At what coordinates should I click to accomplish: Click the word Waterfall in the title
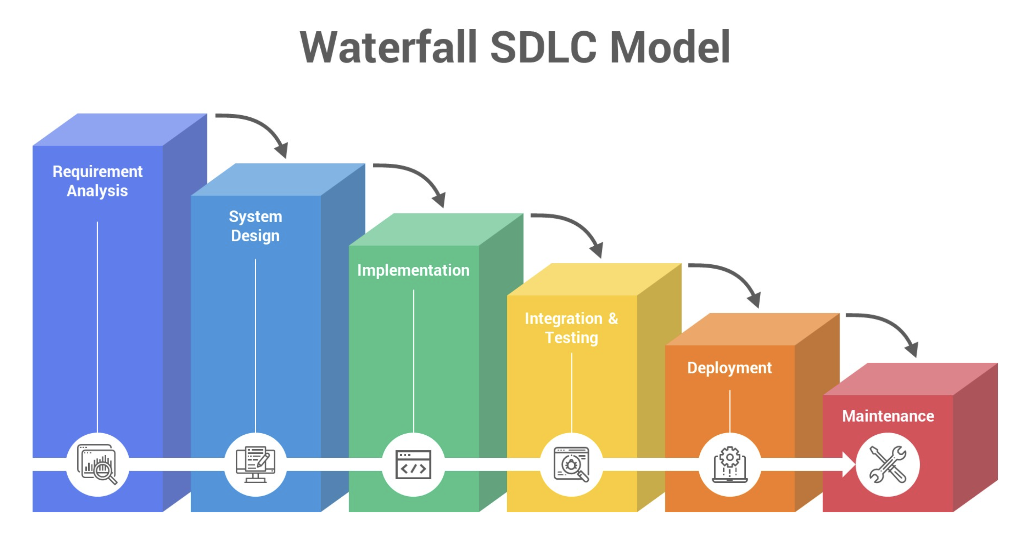coord(389,47)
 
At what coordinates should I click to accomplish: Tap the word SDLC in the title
coord(543,47)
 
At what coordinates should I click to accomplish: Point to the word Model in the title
coord(670,47)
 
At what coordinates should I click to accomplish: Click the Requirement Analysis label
coord(98,181)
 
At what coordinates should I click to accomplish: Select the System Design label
coord(256,226)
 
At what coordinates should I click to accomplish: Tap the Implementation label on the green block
coord(413,270)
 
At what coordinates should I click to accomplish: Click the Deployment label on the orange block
coord(729,368)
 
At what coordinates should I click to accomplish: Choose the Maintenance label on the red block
coord(888,416)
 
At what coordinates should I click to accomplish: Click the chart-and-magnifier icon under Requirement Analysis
coord(98,464)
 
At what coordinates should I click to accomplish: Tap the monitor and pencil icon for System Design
coord(256,464)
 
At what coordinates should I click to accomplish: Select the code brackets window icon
coord(413,464)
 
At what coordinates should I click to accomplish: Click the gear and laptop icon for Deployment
coord(730,464)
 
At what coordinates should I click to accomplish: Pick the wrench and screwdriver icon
coord(888,464)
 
